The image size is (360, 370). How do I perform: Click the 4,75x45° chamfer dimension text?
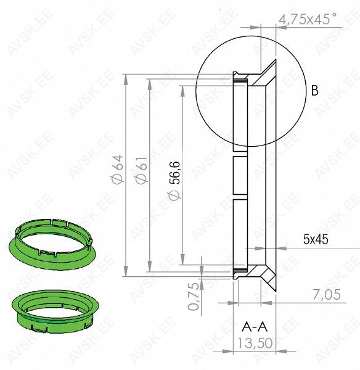coord(308,19)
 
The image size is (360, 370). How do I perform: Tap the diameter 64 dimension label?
coord(117,170)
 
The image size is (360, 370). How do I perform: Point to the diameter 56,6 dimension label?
coord(174,180)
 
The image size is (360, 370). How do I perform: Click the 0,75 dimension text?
coord(194,296)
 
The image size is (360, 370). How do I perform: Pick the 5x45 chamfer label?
coord(316,240)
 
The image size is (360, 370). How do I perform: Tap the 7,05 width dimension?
coord(327,295)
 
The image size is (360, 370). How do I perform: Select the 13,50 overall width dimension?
coord(255,343)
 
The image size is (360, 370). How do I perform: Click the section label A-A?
coord(255,327)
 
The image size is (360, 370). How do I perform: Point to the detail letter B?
coord(315,90)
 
